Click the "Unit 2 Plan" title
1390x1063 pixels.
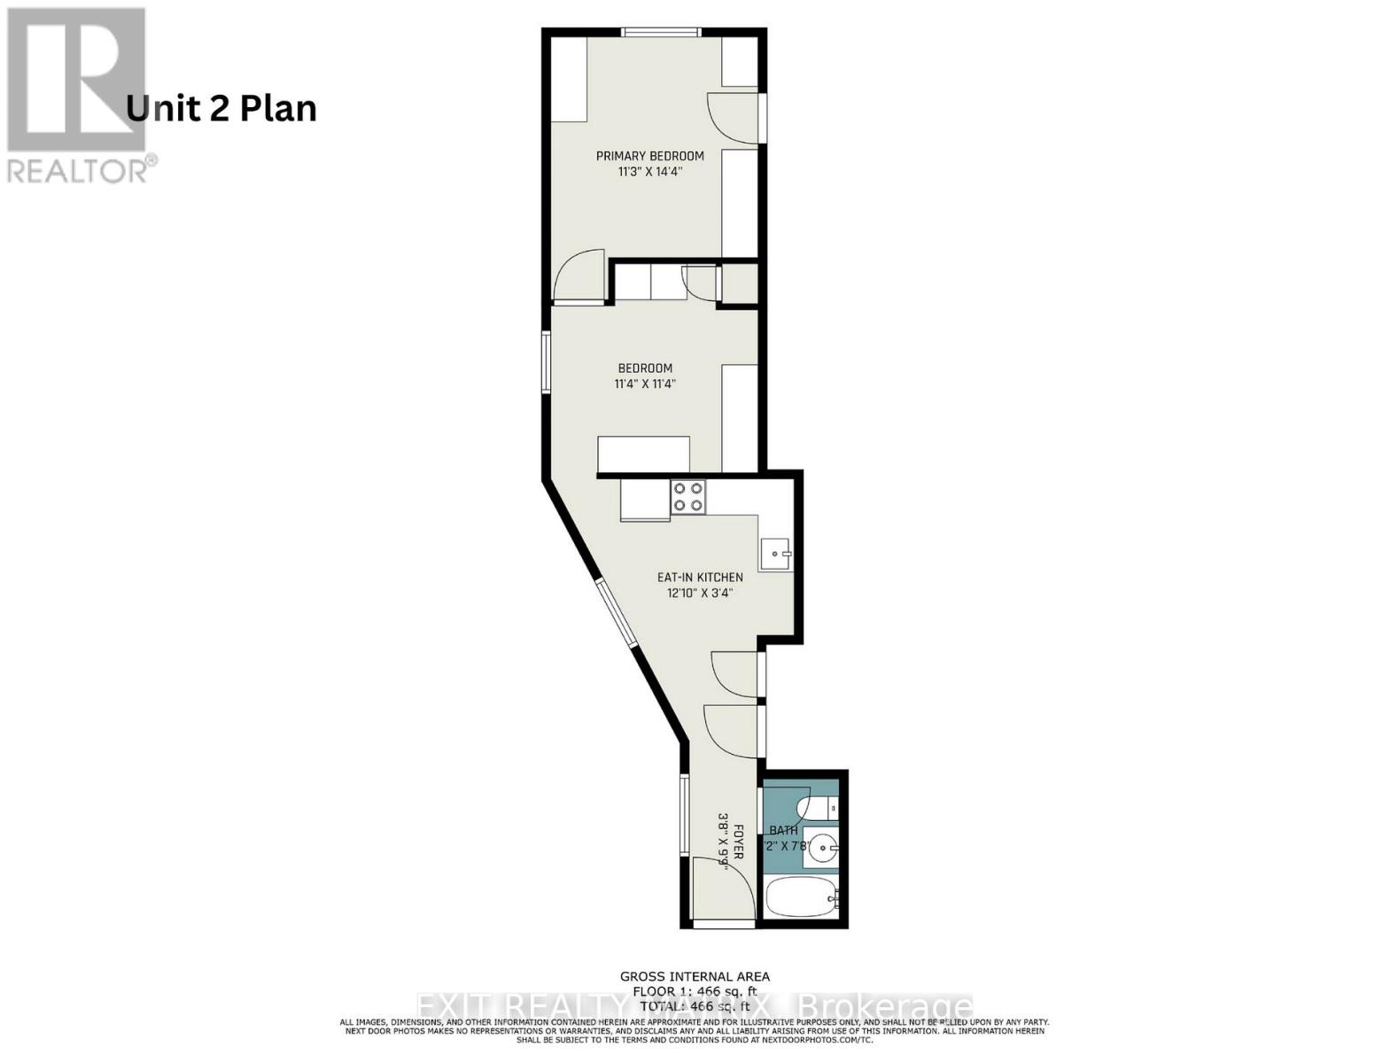tap(221, 109)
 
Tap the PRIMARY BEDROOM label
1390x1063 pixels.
tap(649, 156)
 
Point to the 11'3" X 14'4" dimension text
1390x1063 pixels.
tap(649, 173)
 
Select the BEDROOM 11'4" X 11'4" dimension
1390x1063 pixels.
tap(645, 384)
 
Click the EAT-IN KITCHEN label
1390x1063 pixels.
tap(700, 578)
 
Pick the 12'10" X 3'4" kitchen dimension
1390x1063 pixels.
tap(700, 594)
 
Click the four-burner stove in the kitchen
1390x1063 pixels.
tap(688, 496)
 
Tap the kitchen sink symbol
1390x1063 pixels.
tap(775, 554)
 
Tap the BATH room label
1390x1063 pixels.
tap(783, 831)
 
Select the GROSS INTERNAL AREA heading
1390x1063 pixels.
tap(695, 977)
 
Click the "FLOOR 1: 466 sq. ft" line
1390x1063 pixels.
tap(695, 991)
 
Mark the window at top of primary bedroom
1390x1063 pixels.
tap(663, 33)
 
